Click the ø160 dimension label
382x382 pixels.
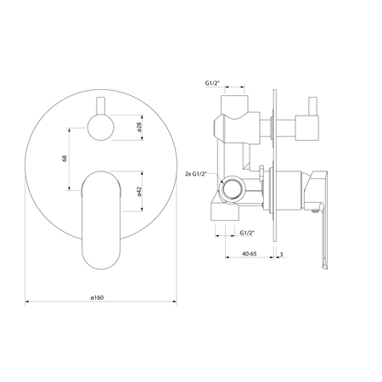[x=97, y=298]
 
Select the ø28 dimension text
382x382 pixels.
[x=139, y=127]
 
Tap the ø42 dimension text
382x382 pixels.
[x=139, y=191]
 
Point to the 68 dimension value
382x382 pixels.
[x=65, y=158]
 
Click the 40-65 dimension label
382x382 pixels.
[x=250, y=254]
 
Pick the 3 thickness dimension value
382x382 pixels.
[x=281, y=254]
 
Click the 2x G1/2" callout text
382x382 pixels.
[x=196, y=174]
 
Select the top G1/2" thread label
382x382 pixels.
[x=212, y=83]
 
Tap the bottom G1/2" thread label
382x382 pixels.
[x=247, y=233]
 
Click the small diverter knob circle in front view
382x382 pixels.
[x=101, y=127]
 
